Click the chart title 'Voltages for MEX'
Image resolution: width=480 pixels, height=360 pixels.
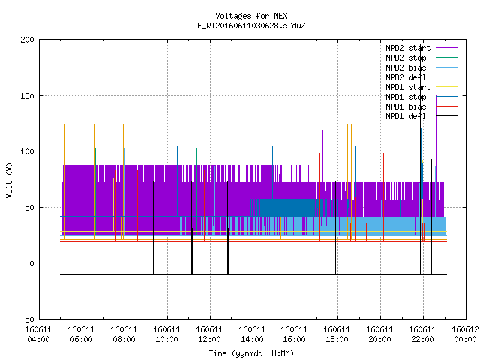click(251, 16)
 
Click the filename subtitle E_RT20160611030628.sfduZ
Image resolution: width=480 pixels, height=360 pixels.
click(251, 25)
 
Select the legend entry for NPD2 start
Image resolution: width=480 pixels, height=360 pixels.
click(421, 48)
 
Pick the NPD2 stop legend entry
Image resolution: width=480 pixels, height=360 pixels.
click(421, 58)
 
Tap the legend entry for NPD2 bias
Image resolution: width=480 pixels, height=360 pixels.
click(421, 67)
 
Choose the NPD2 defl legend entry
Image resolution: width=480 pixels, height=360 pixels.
click(421, 77)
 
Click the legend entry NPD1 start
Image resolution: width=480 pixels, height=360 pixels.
click(421, 87)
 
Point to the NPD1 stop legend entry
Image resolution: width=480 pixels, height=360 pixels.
click(421, 97)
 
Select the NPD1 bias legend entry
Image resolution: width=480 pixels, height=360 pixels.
click(421, 106)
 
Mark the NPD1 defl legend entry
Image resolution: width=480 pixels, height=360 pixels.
click(421, 117)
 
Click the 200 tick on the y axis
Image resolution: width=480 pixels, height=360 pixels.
click(28, 40)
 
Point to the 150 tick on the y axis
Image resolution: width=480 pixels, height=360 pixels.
click(28, 96)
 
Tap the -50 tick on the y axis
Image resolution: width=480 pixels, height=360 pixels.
click(28, 319)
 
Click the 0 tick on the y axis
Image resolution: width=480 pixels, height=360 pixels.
click(31, 263)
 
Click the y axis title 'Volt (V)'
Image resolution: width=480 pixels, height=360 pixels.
click(10, 180)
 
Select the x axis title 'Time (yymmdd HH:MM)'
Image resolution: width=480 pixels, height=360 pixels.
click(251, 353)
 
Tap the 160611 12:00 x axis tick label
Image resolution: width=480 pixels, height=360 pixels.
click(209, 334)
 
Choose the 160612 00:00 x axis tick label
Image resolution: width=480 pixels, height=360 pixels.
click(465, 334)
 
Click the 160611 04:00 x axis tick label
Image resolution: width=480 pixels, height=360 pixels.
click(38, 334)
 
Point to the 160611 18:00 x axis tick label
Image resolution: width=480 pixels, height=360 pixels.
click(337, 334)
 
